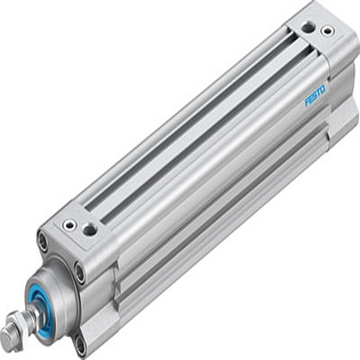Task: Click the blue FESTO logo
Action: (315, 96)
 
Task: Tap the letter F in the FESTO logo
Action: (307, 103)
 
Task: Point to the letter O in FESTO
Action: (324, 88)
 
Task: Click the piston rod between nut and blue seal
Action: (35, 311)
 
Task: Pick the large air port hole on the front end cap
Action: (89, 229)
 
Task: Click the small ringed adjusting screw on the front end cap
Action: (70, 225)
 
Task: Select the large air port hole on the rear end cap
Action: (308, 27)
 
